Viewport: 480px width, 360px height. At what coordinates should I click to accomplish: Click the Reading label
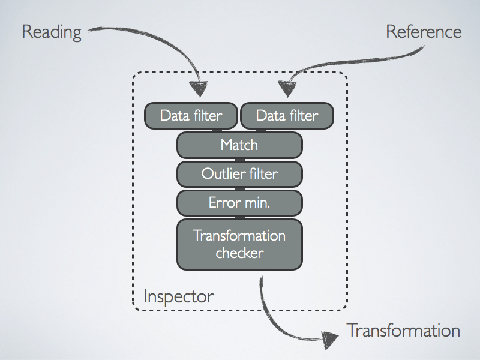51,32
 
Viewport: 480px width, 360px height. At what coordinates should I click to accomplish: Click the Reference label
424,32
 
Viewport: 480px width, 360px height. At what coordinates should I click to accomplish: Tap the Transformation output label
403,331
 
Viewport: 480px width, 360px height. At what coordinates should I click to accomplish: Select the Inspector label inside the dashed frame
179,296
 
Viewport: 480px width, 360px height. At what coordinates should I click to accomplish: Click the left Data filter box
191,115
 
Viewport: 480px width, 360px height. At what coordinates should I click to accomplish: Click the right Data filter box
287,115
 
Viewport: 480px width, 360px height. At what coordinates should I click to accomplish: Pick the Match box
239,145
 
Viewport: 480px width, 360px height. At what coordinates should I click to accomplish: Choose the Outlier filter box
239,175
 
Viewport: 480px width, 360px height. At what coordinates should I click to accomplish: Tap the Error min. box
239,203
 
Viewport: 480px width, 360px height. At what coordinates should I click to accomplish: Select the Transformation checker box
239,244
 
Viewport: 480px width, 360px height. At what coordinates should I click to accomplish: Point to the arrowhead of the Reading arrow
200,89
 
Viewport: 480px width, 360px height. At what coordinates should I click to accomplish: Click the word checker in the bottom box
239,253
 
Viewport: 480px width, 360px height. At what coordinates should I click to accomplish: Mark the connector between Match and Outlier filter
239,160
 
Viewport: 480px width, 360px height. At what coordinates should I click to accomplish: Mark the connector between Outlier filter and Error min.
239,188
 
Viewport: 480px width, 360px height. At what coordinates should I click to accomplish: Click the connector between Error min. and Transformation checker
239,217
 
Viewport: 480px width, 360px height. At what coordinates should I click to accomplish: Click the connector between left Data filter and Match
217,130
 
